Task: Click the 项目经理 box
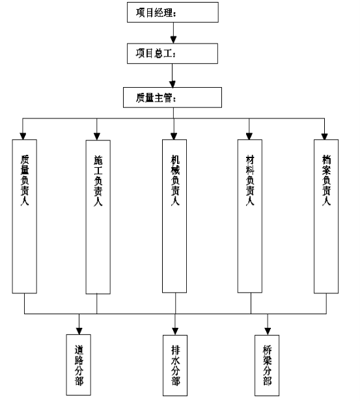click(x=173, y=12)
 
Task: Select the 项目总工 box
click(x=173, y=53)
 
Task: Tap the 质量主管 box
click(x=173, y=98)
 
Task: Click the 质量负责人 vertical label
click(x=25, y=180)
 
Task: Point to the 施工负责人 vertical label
click(x=98, y=180)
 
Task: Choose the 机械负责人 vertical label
click(x=175, y=180)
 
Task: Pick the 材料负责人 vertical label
click(x=250, y=180)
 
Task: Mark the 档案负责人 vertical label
click(x=326, y=180)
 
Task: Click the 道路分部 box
click(x=79, y=364)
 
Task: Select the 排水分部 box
click(x=175, y=365)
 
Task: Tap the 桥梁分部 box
click(x=267, y=365)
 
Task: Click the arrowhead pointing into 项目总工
click(x=173, y=40)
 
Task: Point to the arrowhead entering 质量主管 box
click(x=173, y=84)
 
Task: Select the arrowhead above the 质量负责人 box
click(x=23, y=136)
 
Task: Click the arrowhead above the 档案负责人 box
click(x=325, y=136)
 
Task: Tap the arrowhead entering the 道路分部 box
click(x=79, y=331)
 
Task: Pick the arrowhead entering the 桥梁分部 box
click(x=268, y=332)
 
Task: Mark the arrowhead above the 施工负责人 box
click(x=97, y=137)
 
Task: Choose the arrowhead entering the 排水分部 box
click(x=175, y=332)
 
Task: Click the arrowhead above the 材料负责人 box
click(x=249, y=136)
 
